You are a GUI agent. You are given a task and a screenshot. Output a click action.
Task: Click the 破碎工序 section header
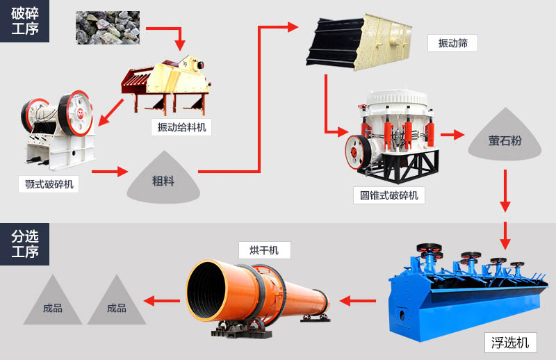point(25,21)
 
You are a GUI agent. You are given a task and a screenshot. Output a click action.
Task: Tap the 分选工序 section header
point(25,244)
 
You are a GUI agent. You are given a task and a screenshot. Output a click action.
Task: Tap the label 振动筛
point(452,43)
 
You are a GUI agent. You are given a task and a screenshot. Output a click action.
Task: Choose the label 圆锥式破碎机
point(389,195)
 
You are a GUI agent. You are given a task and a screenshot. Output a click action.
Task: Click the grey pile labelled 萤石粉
point(505,140)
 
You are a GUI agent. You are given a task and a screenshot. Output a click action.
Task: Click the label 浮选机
point(510,342)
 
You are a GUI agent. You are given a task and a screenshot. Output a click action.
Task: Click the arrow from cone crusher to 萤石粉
point(452,135)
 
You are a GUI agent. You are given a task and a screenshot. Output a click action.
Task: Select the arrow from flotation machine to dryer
point(358,301)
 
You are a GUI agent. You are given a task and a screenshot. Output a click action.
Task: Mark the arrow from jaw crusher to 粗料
point(110,171)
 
